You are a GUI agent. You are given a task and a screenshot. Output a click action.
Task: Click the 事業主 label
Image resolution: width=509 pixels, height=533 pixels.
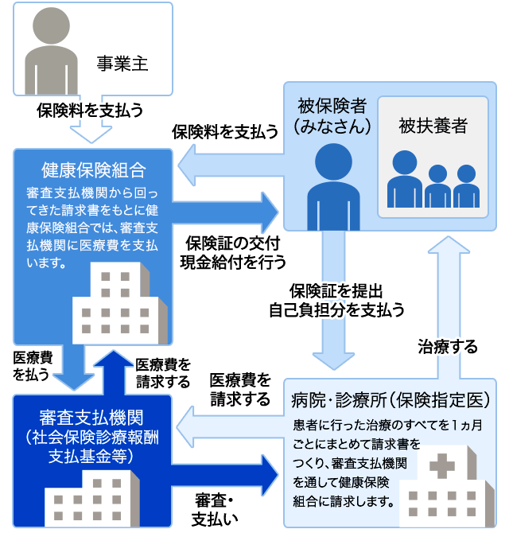pyautogui.click(x=122, y=64)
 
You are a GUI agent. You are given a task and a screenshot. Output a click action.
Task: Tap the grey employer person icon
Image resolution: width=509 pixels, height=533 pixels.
pyautogui.click(x=51, y=51)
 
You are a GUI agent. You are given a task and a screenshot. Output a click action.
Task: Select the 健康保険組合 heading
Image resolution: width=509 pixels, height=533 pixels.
pyautogui.click(x=94, y=170)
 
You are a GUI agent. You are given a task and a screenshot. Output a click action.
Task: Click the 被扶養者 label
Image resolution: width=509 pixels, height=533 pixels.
pyautogui.click(x=433, y=126)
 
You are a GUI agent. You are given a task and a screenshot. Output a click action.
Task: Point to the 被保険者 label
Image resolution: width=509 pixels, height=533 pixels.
pyautogui.click(x=332, y=106)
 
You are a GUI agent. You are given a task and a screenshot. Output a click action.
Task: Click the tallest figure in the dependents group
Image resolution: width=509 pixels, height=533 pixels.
pyautogui.click(x=404, y=179)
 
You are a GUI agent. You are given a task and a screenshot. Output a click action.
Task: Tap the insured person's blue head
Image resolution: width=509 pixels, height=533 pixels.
pyautogui.click(x=333, y=161)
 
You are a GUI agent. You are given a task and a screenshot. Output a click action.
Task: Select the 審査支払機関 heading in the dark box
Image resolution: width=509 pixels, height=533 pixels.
pyautogui.click(x=91, y=418)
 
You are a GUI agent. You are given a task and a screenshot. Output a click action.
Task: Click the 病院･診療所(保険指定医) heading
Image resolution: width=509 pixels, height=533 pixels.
pyautogui.click(x=390, y=400)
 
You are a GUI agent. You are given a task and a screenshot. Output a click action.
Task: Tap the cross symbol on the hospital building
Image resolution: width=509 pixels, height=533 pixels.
pyautogui.click(x=441, y=465)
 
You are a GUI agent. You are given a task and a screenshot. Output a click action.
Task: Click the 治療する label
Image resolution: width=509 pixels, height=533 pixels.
pyautogui.click(x=448, y=347)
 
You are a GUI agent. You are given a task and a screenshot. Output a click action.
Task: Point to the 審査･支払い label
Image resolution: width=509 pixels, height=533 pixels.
pyautogui.click(x=215, y=510)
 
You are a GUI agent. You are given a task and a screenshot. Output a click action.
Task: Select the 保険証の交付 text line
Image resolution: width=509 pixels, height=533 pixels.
pyautogui.click(x=233, y=243)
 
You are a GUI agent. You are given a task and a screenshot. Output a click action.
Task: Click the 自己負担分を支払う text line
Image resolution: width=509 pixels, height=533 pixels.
pyautogui.click(x=336, y=309)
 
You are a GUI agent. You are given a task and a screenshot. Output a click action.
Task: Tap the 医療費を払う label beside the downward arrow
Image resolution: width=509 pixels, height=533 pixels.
pyautogui.click(x=33, y=366)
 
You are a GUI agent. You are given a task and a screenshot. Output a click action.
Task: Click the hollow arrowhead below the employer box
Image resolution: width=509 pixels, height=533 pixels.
pyautogui.click(x=91, y=134)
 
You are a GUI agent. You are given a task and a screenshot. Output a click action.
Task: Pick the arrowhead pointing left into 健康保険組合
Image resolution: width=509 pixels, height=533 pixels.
pyautogui.click(x=187, y=165)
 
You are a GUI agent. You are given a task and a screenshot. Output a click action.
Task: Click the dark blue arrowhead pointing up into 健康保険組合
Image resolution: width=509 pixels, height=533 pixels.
pyautogui.click(x=113, y=358)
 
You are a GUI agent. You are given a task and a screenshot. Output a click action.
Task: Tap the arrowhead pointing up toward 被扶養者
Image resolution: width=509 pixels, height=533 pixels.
pyautogui.click(x=449, y=245)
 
